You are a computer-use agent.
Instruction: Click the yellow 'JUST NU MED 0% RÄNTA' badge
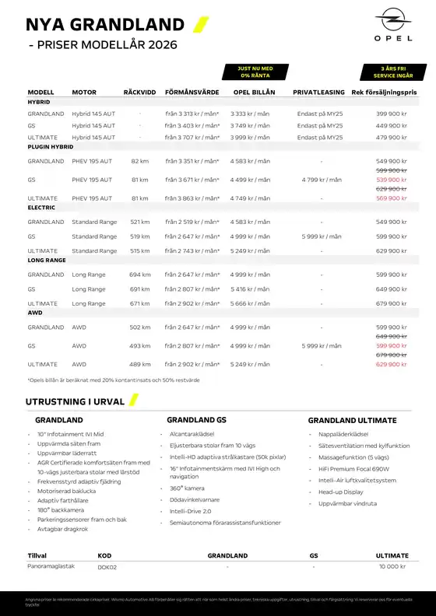255,72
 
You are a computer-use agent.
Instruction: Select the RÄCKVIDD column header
139,93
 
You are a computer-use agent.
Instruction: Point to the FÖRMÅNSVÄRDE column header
192,93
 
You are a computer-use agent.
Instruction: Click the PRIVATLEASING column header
319,93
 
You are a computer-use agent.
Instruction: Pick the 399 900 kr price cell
392,114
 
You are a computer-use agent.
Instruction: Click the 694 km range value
140,275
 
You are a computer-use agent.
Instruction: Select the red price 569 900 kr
392,198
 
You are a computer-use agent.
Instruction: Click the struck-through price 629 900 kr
392,189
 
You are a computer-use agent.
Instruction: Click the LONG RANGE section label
47,261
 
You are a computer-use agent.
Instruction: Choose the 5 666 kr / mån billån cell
250,303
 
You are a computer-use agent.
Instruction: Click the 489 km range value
140,364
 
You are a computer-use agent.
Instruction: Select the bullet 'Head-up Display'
341,492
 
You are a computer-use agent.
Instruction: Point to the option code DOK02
107,567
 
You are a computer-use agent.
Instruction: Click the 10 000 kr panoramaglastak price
392,567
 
